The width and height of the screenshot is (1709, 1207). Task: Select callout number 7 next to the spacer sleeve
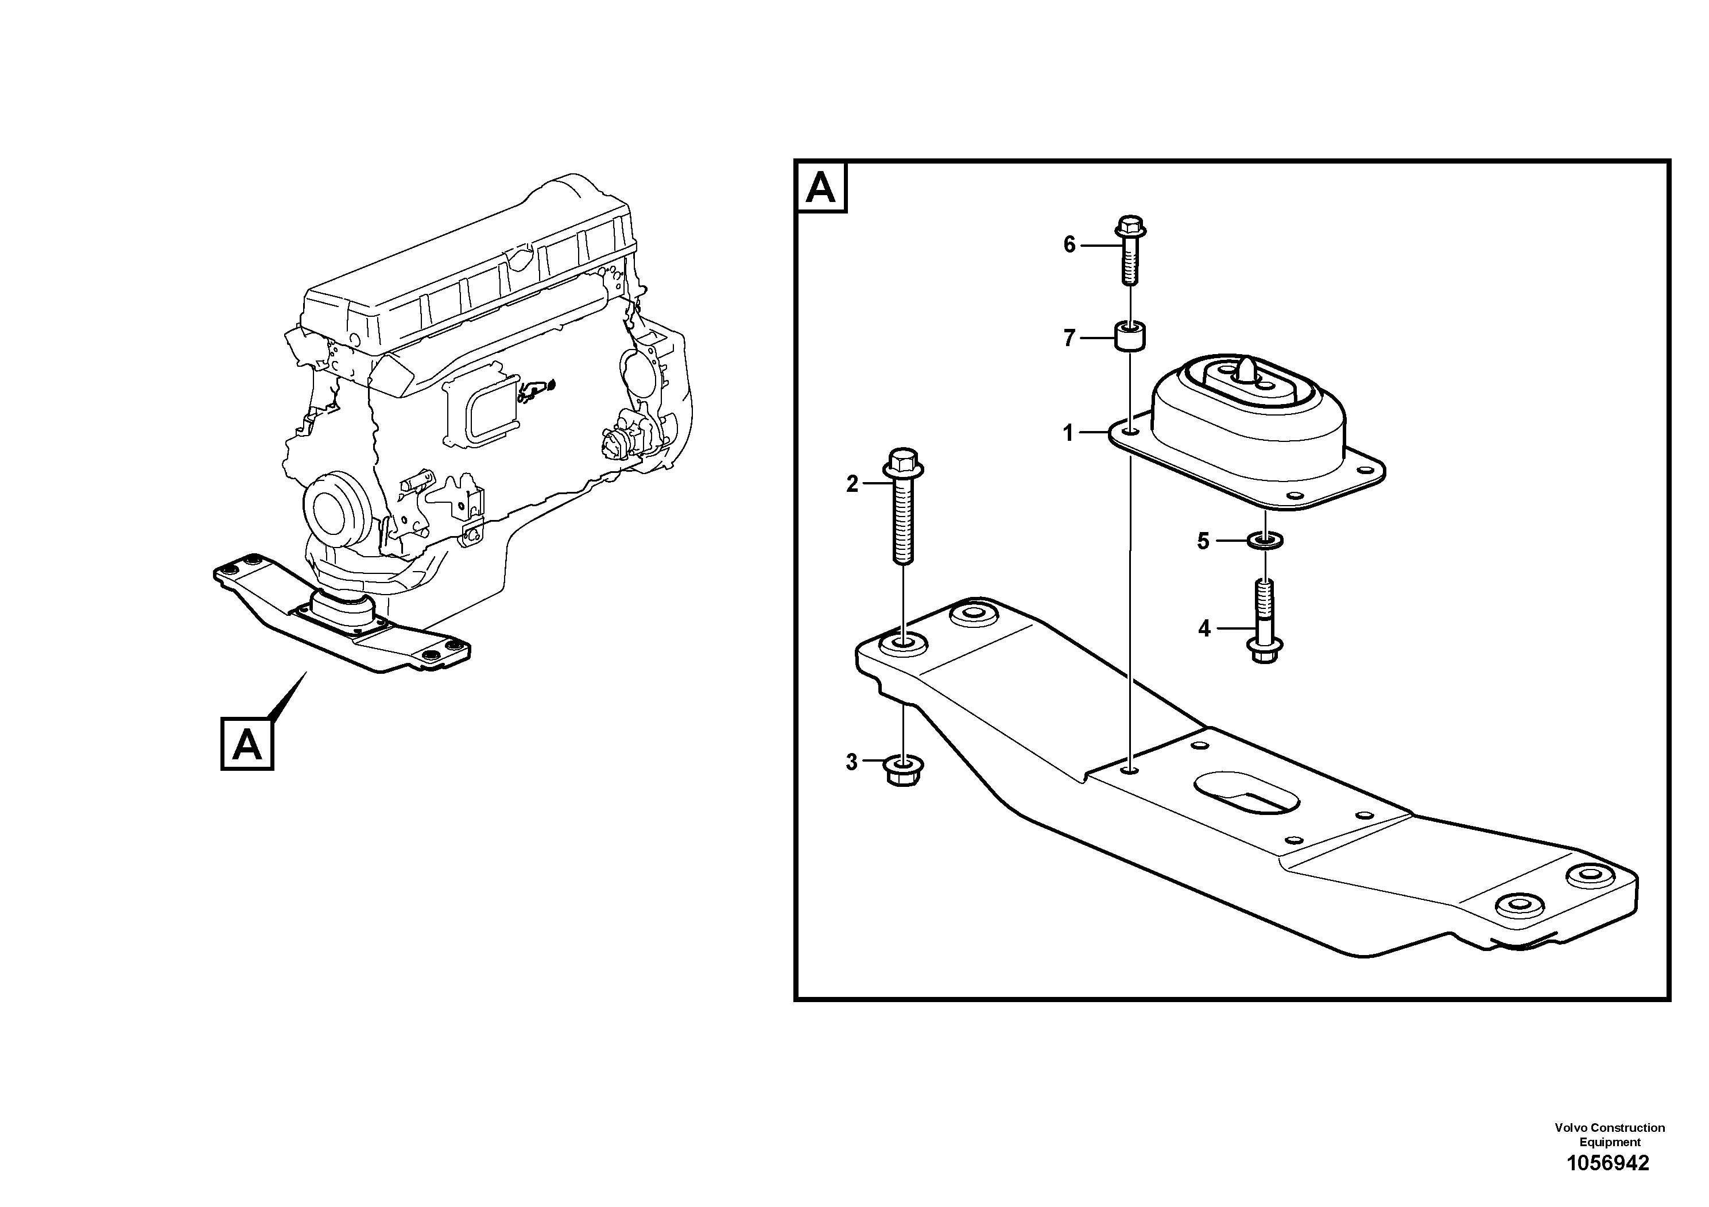pyautogui.click(x=1069, y=339)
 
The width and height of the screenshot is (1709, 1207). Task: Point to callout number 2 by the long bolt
pyautogui.click(x=852, y=484)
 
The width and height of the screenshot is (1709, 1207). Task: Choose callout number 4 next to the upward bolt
pyautogui.click(x=1204, y=629)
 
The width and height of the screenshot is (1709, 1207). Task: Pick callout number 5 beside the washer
pyautogui.click(x=1203, y=541)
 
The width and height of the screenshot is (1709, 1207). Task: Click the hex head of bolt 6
pyautogui.click(x=1130, y=226)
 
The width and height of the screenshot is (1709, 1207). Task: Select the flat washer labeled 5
pyautogui.click(x=1264, y=539)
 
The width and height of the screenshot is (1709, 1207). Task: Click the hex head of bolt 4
pyautogui.click(x=1264, y=651)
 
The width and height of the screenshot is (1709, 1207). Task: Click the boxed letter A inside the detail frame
pyautogui.click(x=821, y=189)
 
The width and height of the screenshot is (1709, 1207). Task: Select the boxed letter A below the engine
pyautogui.click(x=247, y=743)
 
